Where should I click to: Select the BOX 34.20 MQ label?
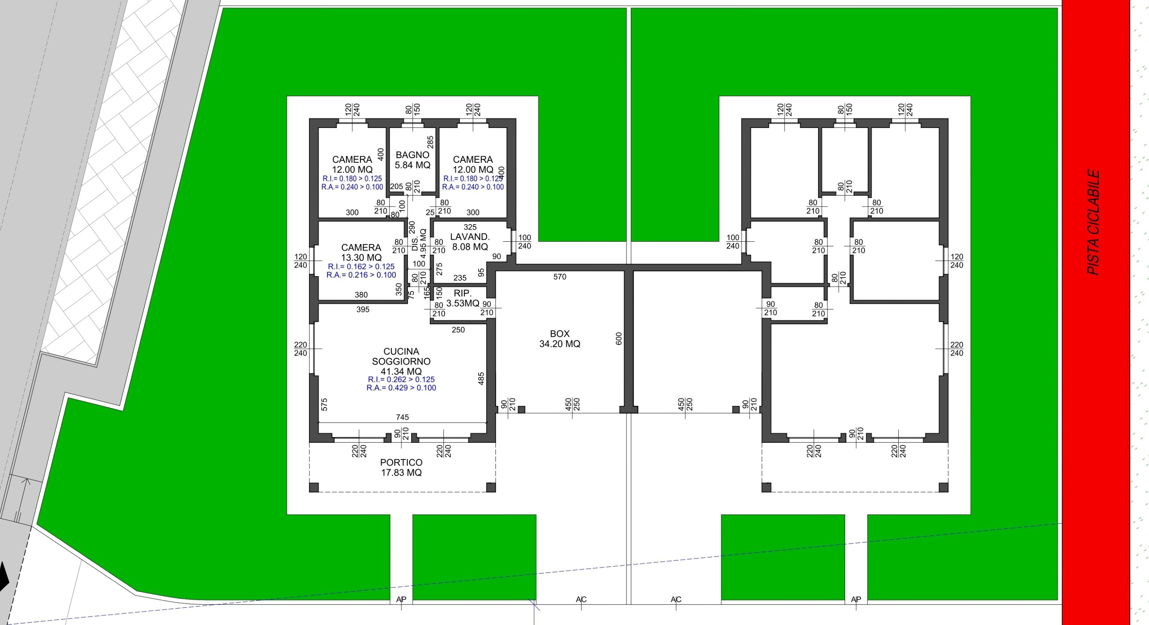(560, 339)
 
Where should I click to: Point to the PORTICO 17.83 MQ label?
(401, 467)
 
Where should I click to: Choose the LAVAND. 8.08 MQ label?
(470, 241)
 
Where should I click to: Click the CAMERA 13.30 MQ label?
(361, 253)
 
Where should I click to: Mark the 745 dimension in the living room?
(402, 417)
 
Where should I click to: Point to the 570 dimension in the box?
(560, 277)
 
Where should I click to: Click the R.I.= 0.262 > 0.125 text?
(401, 379)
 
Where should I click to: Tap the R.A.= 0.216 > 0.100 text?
(361, 275)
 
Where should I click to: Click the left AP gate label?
(401, 599)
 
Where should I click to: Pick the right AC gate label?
(676, 599)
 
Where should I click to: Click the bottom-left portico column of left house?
(314, 487)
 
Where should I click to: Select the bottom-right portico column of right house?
(943, 487)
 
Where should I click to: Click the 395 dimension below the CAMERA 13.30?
(363, 309)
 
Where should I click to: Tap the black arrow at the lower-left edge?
(4, 576)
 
